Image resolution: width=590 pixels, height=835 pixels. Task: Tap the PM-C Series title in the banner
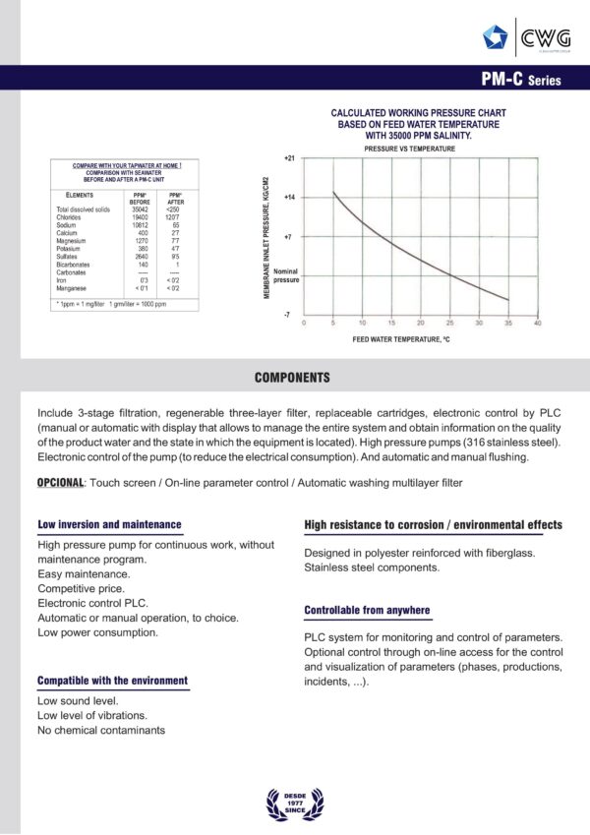point(521,80)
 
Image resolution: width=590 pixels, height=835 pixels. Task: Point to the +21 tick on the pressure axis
point(289,158)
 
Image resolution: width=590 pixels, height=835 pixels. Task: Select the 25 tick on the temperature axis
point(449,323)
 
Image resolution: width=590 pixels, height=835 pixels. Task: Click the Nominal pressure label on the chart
point(286,275)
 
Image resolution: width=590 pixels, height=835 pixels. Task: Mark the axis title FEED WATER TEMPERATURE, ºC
point(400,339)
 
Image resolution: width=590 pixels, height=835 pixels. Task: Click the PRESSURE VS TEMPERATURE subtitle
point(410,148)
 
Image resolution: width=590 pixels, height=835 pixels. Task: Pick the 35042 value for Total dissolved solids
point(140,209)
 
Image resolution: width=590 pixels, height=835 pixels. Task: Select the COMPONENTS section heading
point(292,378)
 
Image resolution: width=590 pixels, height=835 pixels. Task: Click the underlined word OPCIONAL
point(60,484)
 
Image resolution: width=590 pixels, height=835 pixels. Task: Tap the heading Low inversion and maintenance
point(109,524)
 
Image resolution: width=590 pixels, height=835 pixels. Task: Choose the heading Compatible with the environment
point(112,681)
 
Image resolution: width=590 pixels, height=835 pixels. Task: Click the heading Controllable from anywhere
point(367,611)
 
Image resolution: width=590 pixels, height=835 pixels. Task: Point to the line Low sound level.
point(78,700)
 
